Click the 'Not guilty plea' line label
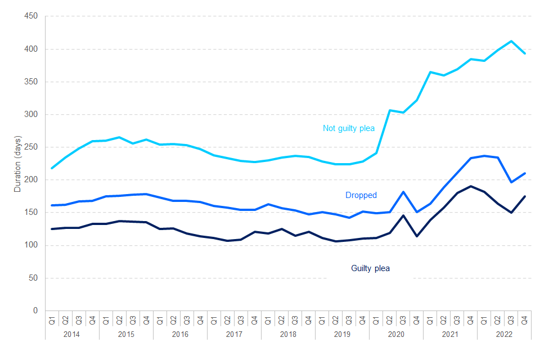pyautogui.click(x=348, y=128)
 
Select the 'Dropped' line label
pyautogui.click(x=361, y=195)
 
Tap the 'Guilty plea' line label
pyautogui.click(x=370, y=268)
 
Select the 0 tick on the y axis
pyautogui.click(x=35, y=310)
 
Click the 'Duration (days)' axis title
pyautogui.click(x=17, y=164)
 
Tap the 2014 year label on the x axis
pyautogui.click(x=71, y=334)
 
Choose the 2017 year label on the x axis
pyautogui.click(x=234, y=334)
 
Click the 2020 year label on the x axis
pyautogui.click(x=396, y=334)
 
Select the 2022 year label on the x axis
pyautogui.click(x=504, y=334)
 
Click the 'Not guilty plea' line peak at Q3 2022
pyautogui.click(x=511, y=41)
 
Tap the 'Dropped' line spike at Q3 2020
pyautogui.click(x=403, y=192)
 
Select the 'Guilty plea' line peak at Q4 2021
pyautogui.click(x=470, y=186)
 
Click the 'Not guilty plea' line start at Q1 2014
pyautogui.click(x=52, y=168)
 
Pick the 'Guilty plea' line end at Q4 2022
pyautogui.click(x=524, y=196)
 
